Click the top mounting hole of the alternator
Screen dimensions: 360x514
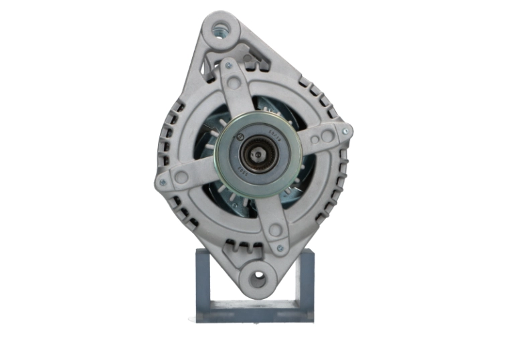click(x=220, y=29)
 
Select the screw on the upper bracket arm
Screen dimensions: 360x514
click(x=228, y=66)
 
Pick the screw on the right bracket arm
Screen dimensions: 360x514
click(x=345, y=132)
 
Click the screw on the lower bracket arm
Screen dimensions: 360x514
click(x=280, y=248)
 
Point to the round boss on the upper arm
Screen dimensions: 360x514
click(x=234, y=84)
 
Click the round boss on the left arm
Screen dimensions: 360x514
click(x=181, y=177)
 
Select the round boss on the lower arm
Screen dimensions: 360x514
click(x=275, y=230)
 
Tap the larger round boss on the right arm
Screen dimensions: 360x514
click(x=327, y=137)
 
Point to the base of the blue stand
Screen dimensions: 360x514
click(x=254, y=311)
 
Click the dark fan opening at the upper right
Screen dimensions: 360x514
click(x=281, y=107)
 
